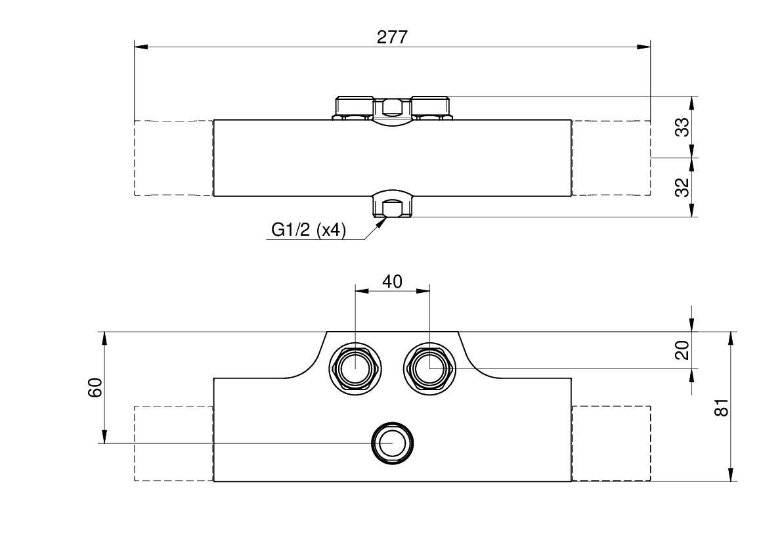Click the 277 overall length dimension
pos(392,37)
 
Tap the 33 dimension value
pos(682,127)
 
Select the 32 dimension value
pos(682,187)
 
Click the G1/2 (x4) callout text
pos(308,230)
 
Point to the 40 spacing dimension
pos(392,282)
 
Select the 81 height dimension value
pos(722,407)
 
